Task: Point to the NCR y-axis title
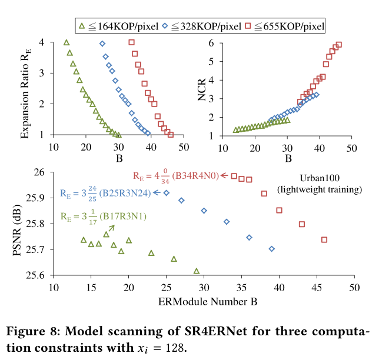[202, 88]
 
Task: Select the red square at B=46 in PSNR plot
[324, 239]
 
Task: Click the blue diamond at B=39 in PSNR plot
[271, 249]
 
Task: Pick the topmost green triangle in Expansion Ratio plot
[66, 42]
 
